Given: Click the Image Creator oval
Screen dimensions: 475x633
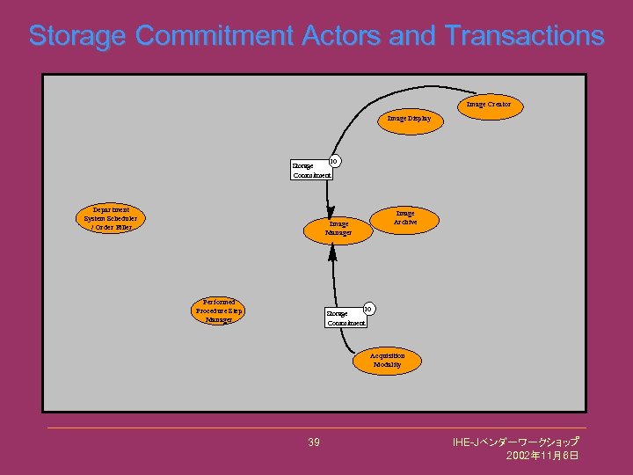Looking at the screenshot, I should point(489,106).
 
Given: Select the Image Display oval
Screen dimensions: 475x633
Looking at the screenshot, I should point(409,120).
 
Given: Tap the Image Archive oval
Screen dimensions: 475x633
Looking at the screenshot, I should point(405,219).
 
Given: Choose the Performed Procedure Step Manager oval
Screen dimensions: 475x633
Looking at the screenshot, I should point(219,311).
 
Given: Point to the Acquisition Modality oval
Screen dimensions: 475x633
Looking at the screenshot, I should point(387,361).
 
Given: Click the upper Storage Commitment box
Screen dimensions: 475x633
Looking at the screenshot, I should point(312,170).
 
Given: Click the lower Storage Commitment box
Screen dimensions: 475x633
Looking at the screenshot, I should point(346,318).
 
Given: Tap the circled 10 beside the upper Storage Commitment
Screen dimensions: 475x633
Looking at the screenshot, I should point(334,161).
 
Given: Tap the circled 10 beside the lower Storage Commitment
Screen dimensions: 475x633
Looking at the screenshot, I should point(369,309).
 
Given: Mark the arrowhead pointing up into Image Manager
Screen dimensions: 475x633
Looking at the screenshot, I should point(332,252).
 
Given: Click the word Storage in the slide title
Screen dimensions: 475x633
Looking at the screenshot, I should point(78,36).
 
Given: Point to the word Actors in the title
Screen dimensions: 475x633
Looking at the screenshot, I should point(340,36).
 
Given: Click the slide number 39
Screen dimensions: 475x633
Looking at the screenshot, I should point(314,442).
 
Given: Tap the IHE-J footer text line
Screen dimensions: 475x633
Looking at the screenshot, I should point(515,442).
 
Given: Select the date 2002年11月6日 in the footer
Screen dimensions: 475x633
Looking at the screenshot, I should point(542,457).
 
